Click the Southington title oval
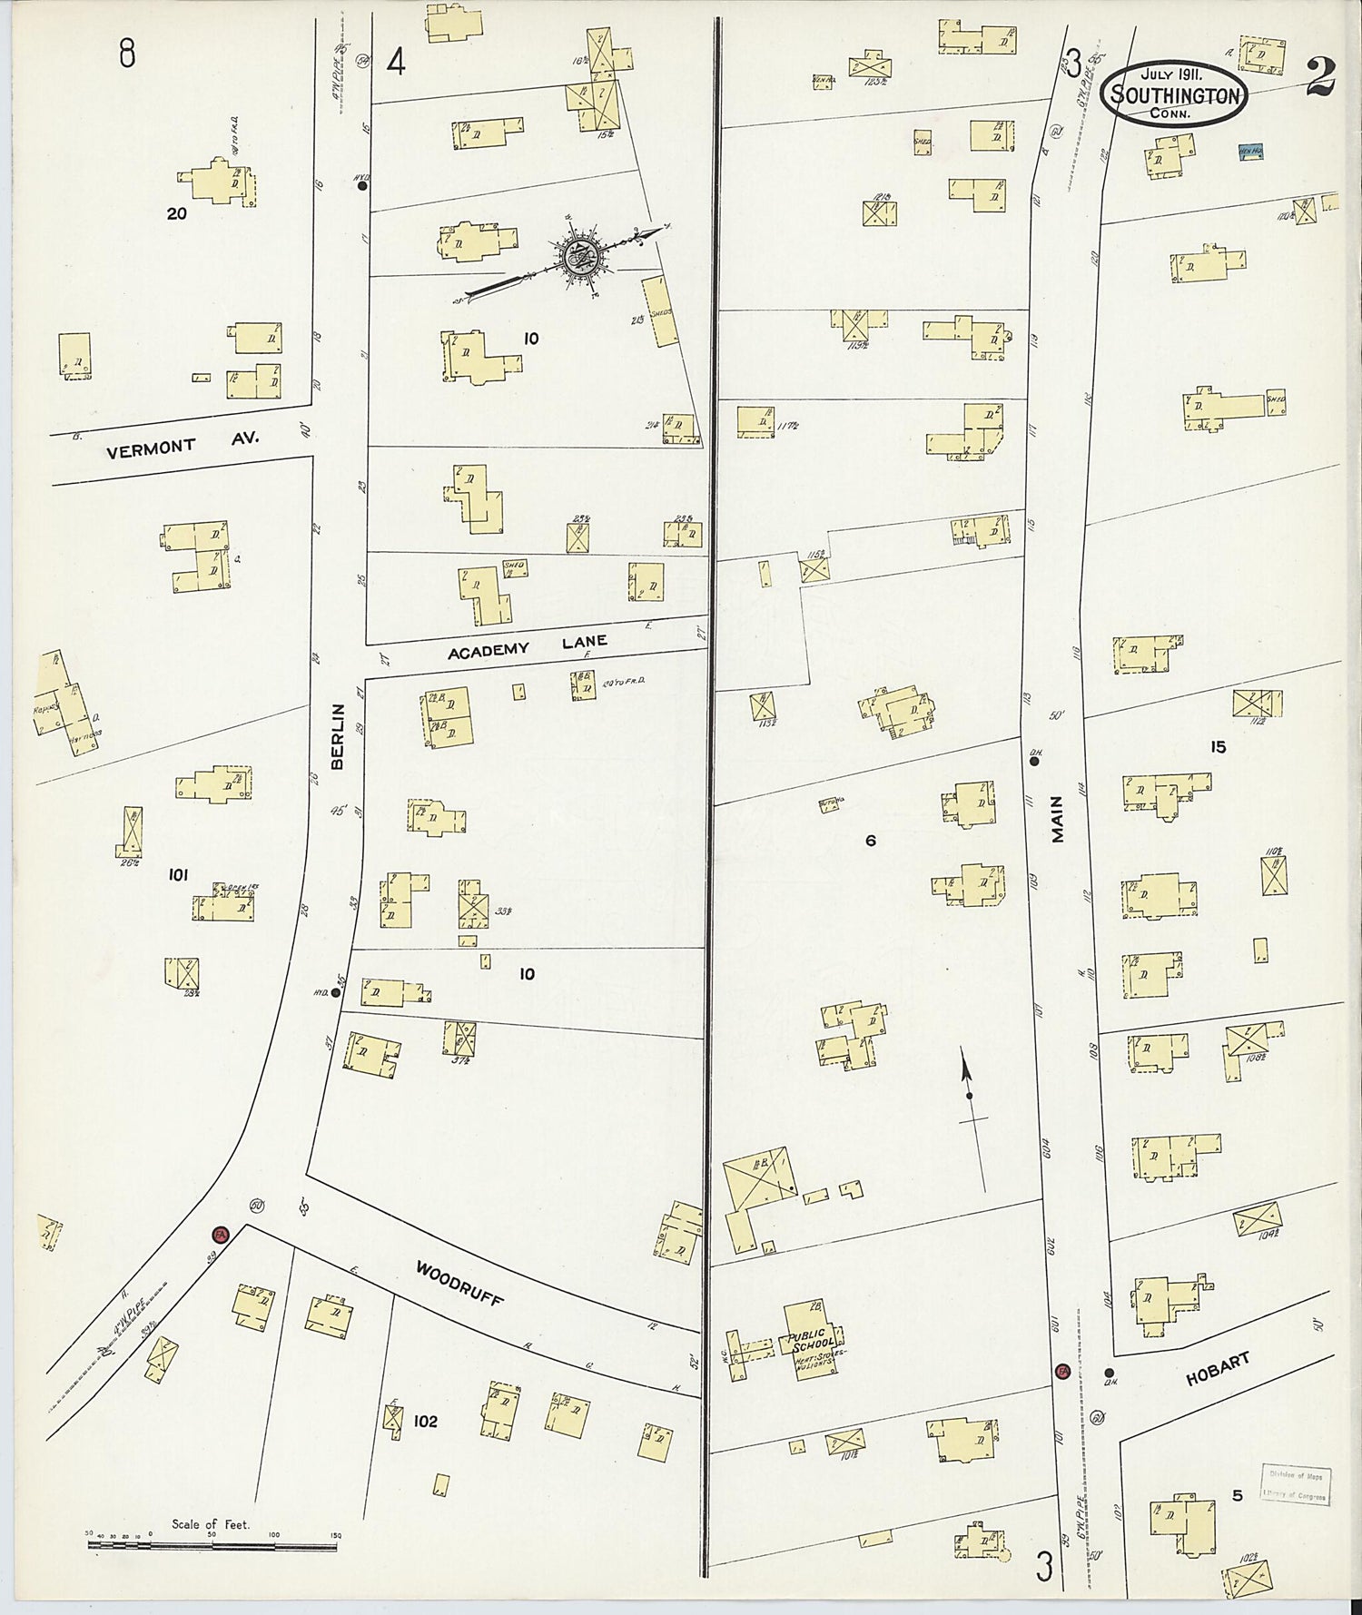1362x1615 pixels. coord(1175,93)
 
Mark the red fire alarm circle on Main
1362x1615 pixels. coord(1062,1370)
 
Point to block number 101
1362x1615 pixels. coord(178,875)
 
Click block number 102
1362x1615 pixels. coord(425,1421)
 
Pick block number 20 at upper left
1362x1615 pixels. coord(177,214)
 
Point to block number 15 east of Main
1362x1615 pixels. coord(1218,746)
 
